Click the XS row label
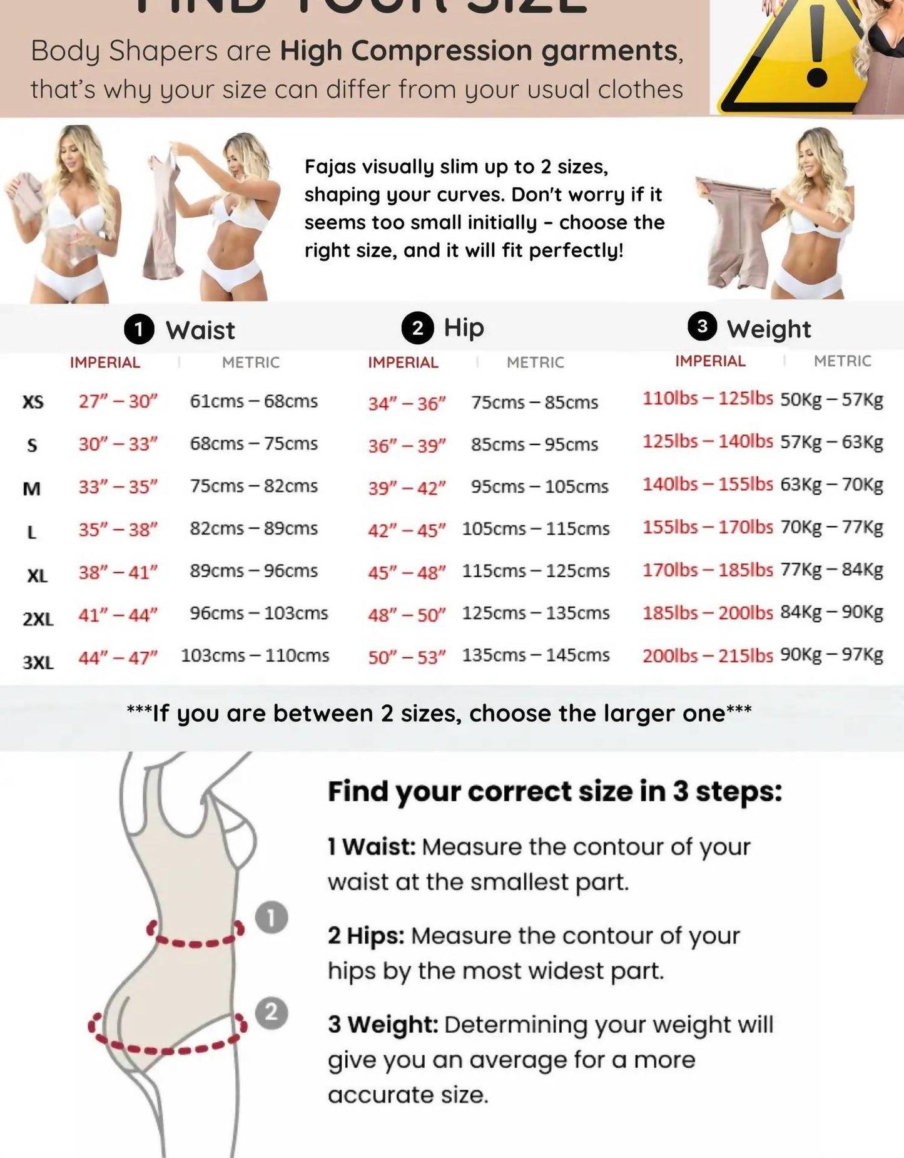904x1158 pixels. pos(33,402)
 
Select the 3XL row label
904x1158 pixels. pos(38,662)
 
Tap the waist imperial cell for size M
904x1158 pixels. pos(118,486)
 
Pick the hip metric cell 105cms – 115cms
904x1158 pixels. pos(536,529)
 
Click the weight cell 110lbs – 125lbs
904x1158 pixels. pos(708,398)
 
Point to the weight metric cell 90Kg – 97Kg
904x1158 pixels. pos(831,655)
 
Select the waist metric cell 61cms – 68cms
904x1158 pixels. pos(253,401)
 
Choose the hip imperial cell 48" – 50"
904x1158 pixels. pos(407,615)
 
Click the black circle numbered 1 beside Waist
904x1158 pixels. pos(139,329)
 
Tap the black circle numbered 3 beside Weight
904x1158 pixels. pos(702,326)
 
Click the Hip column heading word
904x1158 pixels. pos(464,327)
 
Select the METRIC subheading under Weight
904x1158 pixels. pos(842,361)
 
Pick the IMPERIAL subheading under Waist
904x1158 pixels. pos(105,362)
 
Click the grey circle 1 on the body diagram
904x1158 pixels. pos(272,918)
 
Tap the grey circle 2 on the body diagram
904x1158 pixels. pos(272,1013)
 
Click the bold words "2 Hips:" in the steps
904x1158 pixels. pos(365,936)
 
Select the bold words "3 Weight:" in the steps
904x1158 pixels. pos(383,1025)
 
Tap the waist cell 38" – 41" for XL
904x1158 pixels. pos(118,572)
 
